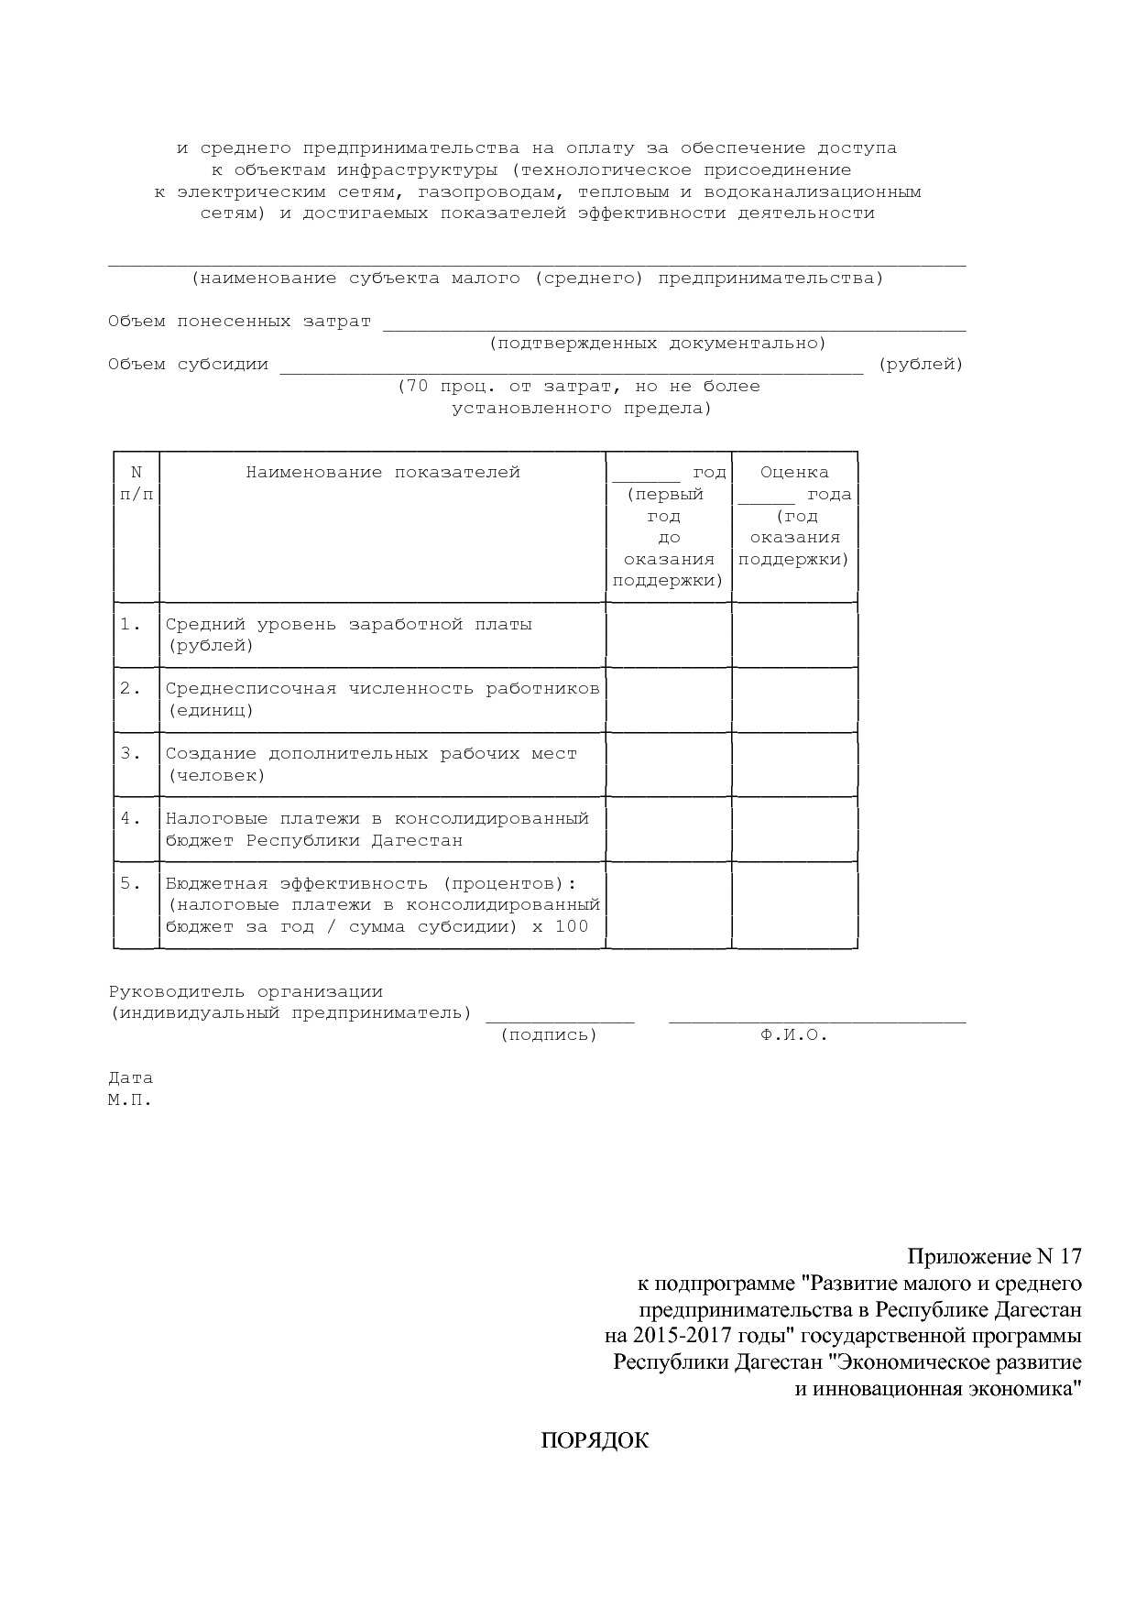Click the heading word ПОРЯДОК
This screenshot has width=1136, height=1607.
[595, 1441]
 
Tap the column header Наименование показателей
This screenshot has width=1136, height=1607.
[382, 473]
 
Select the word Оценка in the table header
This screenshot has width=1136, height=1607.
[794, 473]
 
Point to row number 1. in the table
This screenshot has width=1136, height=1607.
[130, 624]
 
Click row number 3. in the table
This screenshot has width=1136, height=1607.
[130, 754]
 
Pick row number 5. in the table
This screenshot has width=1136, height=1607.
[130, 884]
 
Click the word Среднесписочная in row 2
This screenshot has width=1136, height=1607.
[251, 689]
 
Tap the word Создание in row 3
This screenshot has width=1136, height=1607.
[211, 754]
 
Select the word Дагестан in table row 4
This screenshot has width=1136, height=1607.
[417, 841]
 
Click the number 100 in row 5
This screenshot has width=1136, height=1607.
[572, 927]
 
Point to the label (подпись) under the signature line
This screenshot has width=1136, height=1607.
[549, 1035]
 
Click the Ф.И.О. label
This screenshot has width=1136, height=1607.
[793, 1035]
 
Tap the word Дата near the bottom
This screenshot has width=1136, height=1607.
[130, 1078]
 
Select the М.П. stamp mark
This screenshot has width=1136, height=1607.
[130, 1100]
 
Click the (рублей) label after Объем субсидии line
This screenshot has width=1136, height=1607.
[921, 365]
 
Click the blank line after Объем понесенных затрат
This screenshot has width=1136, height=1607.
[674, 323]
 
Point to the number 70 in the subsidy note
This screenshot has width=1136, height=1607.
[417, 387]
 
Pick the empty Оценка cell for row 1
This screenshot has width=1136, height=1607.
[794, 635]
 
